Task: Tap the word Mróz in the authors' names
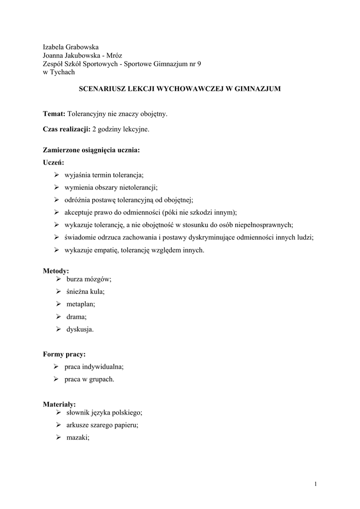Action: pyautogui.click(x=113, y=55)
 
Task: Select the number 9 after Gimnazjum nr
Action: pyautogui.click(x=199, y=64)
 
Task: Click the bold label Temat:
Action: pyautogui.click(x=54, y=114)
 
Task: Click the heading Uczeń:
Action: pyautogui.click(x=54, y=162)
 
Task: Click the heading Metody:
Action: pyautogui.click(x=56, y=271)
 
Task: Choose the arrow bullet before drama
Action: pyautogui.click(x=58, y=317)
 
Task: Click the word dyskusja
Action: pyautogui.click(x=80, y=329)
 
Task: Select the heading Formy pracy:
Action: pyautogui.click(x=64, y=354)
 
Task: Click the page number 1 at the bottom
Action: pyautogui.click(x=315, y=484)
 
